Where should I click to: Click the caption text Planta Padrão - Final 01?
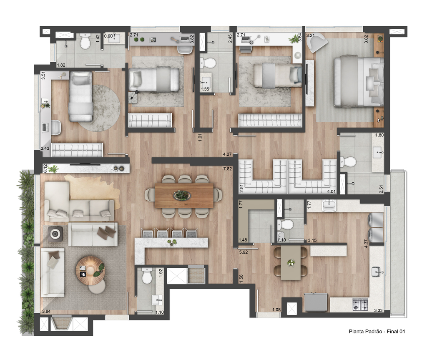[377, 332]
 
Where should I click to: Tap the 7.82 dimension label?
[227, 169]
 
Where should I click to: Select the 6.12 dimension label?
[45, 168]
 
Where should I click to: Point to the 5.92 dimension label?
[244, 252]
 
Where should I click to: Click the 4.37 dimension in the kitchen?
[366, 243]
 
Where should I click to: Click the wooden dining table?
[184, 195]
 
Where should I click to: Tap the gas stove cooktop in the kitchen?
[361, 305]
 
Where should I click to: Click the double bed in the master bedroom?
[359, 81]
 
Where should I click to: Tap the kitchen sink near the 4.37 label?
[378, 272]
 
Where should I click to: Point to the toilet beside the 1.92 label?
[147, 276]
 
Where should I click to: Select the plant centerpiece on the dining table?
[182, 195]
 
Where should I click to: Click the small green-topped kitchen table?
[291, 263]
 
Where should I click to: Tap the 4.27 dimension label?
[227, 154]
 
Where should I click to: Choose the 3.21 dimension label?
[311, 35]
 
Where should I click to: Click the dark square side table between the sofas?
[55, 234]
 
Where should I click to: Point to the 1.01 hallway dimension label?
[200, 137]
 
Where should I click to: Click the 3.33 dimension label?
[378, 310]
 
